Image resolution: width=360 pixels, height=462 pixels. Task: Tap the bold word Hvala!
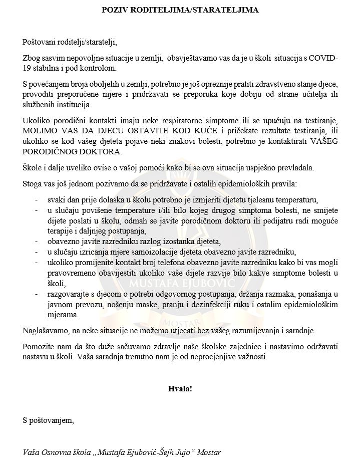180,388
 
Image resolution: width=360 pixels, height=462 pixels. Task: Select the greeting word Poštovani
40,41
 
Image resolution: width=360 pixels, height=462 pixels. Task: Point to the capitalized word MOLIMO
40,131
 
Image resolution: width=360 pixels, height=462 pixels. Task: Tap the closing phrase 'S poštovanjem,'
48,420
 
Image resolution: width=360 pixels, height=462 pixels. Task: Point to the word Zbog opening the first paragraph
32,58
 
